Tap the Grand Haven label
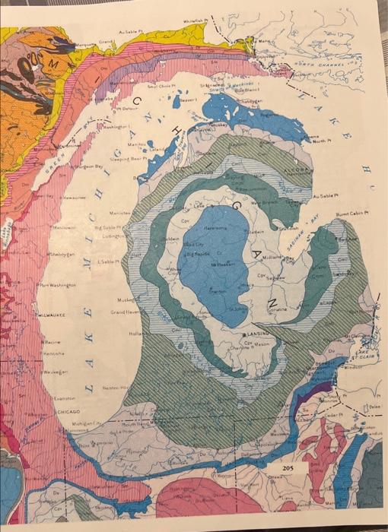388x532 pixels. point(126,312)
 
